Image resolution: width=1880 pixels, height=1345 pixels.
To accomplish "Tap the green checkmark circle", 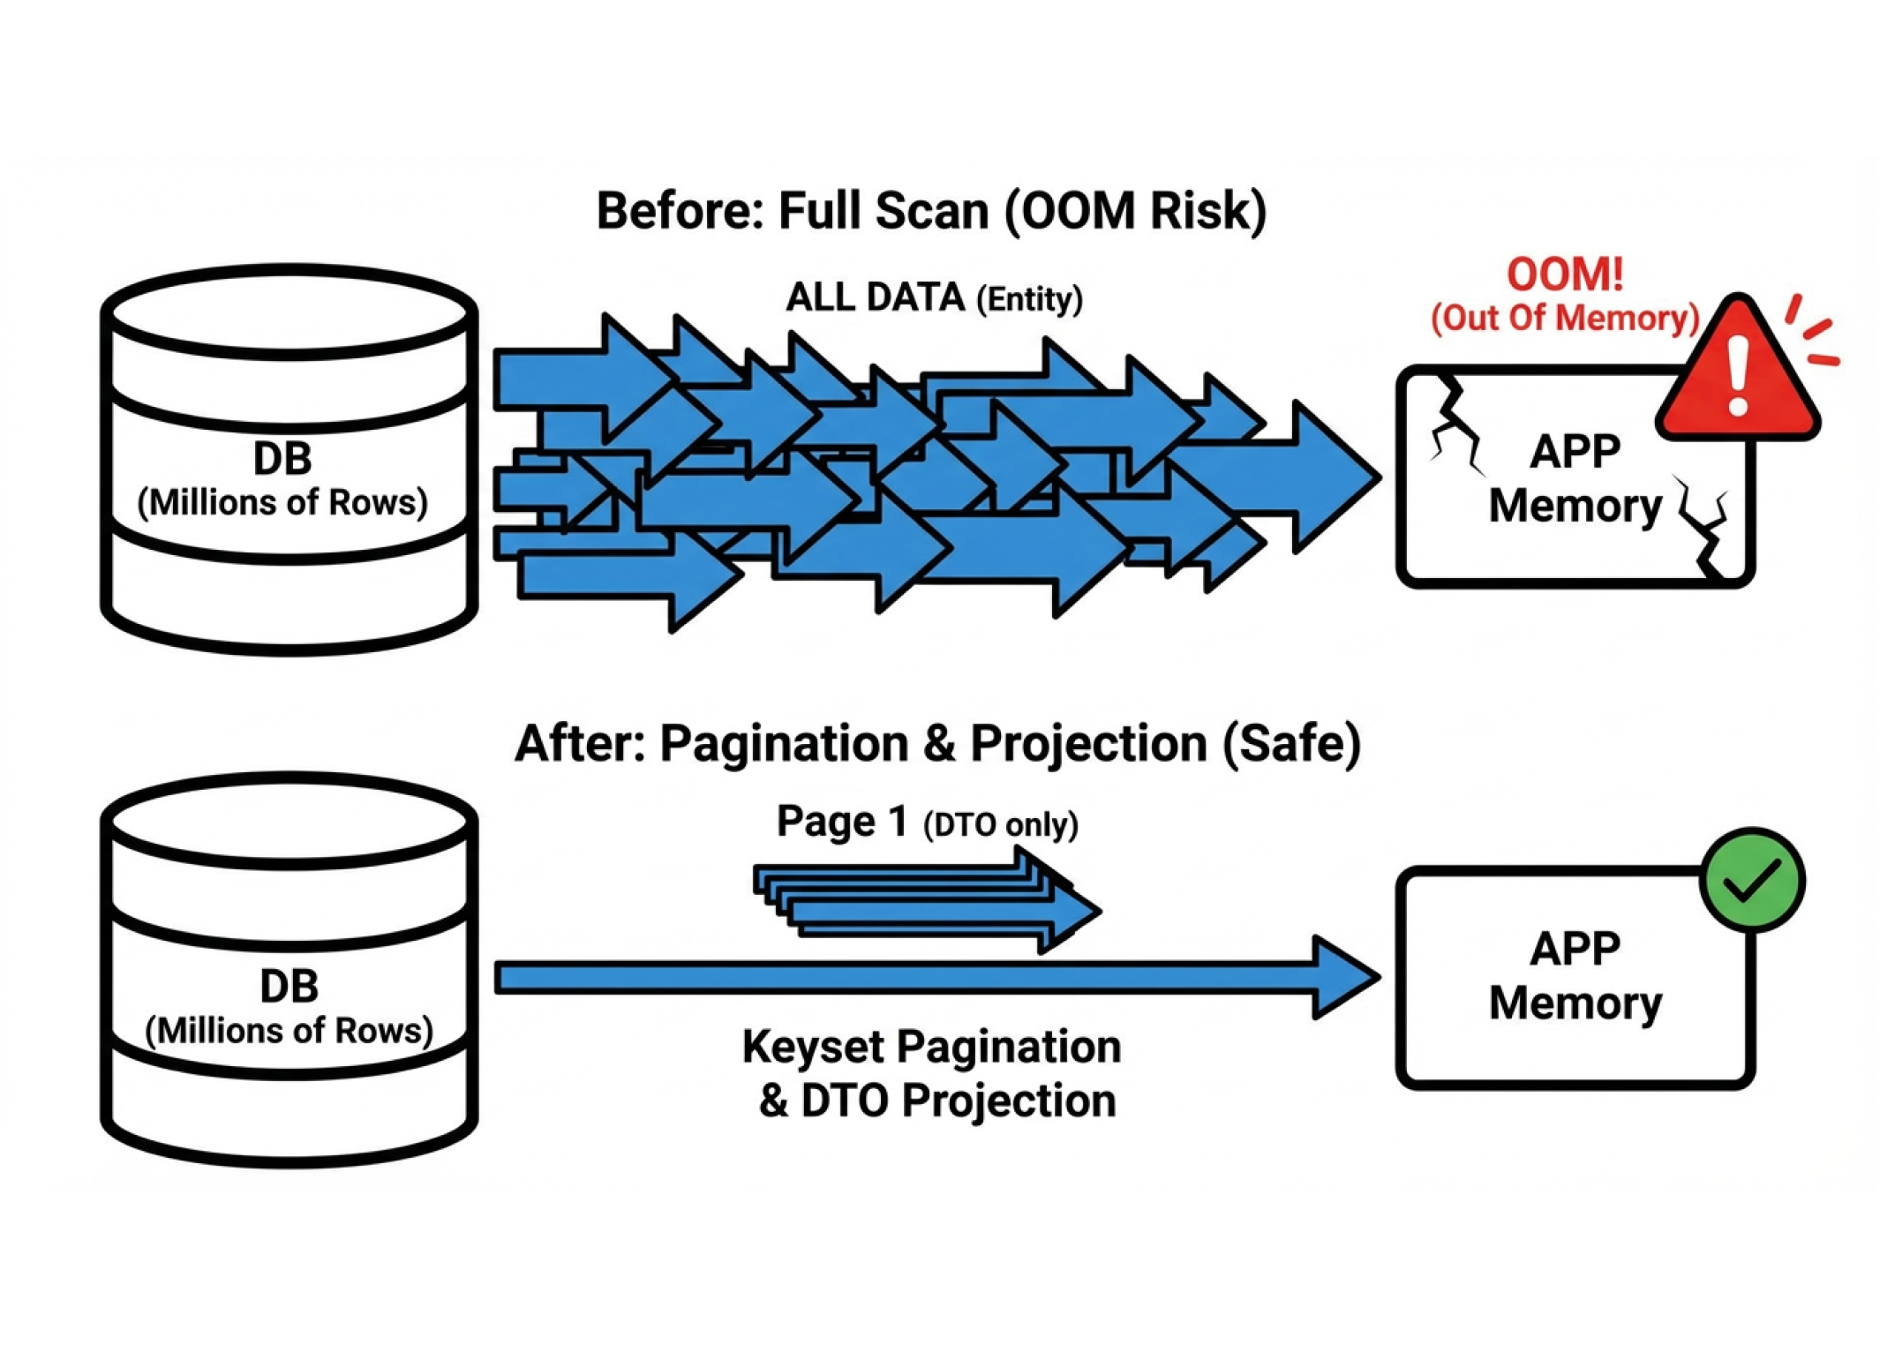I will [1753, 879].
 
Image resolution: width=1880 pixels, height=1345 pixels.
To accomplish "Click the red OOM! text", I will [1564, 274].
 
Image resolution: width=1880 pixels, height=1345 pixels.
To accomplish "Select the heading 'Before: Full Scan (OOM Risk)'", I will [931, 212].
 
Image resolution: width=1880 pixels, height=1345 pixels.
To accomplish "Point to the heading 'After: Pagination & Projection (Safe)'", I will [937, 743].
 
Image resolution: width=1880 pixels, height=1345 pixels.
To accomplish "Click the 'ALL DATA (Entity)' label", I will [934, 298].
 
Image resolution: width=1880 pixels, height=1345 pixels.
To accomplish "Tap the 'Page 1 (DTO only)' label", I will [927, 823].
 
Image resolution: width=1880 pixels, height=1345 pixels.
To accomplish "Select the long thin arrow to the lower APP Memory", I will [883, 978].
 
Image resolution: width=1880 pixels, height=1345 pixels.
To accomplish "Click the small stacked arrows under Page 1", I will [927, 900].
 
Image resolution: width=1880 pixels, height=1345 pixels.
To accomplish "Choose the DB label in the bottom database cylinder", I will [289, 986].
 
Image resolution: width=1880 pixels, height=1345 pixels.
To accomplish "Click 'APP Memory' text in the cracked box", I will [1575, 479].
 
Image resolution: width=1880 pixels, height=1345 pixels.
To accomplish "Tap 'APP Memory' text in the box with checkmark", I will [1575, 976].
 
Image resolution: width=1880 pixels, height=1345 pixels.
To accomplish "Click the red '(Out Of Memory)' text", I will [1564, 318].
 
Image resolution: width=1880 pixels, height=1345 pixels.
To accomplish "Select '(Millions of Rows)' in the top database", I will [282, 503].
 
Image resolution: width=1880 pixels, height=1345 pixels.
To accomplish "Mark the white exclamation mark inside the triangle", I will [1738, 375].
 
